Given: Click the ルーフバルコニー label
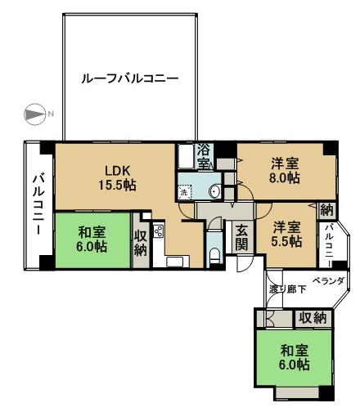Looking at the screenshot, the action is pyautogui.click(x=130, y=78).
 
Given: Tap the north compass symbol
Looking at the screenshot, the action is pyautogui.click(x=35, y=114).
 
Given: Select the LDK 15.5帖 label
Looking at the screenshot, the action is pyautogui.click(x=117, y=178).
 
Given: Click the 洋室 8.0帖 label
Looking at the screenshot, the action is pyautogui.click(x=285, y=171).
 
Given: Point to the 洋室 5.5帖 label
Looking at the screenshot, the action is pyautogui.click(x=287, y=234).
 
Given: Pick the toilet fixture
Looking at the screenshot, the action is pyautogui.click(x=215, y=256).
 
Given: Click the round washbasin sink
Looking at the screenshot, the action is pyautogui.click(x=216, y=192).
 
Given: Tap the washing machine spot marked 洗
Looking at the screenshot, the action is pyautogui.click(x=185, y=192).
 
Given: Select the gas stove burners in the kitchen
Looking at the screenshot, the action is pyautogui.click(x=159, y=231).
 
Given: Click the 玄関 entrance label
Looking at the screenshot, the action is pyautogui.click(x=242, y=237).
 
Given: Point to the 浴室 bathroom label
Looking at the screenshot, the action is pyautogui.click(x=203, y=156).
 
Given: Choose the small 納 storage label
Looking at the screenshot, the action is pyautogui.click(x=326, y=210).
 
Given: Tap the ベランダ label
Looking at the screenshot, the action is pyautogui.click(x=328, y=280).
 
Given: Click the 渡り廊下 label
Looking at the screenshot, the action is pyautogui.click(x=287, y=289).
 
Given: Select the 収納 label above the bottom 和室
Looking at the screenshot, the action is pyautogui.click(x=313, y=317).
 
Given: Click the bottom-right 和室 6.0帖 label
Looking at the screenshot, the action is pyautogui.click(x=295, y=357).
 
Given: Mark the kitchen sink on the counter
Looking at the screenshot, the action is pyautogui.click(x=174, y=262).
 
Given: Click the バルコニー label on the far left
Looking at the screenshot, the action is pyautogui.click(x=38, y=205).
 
